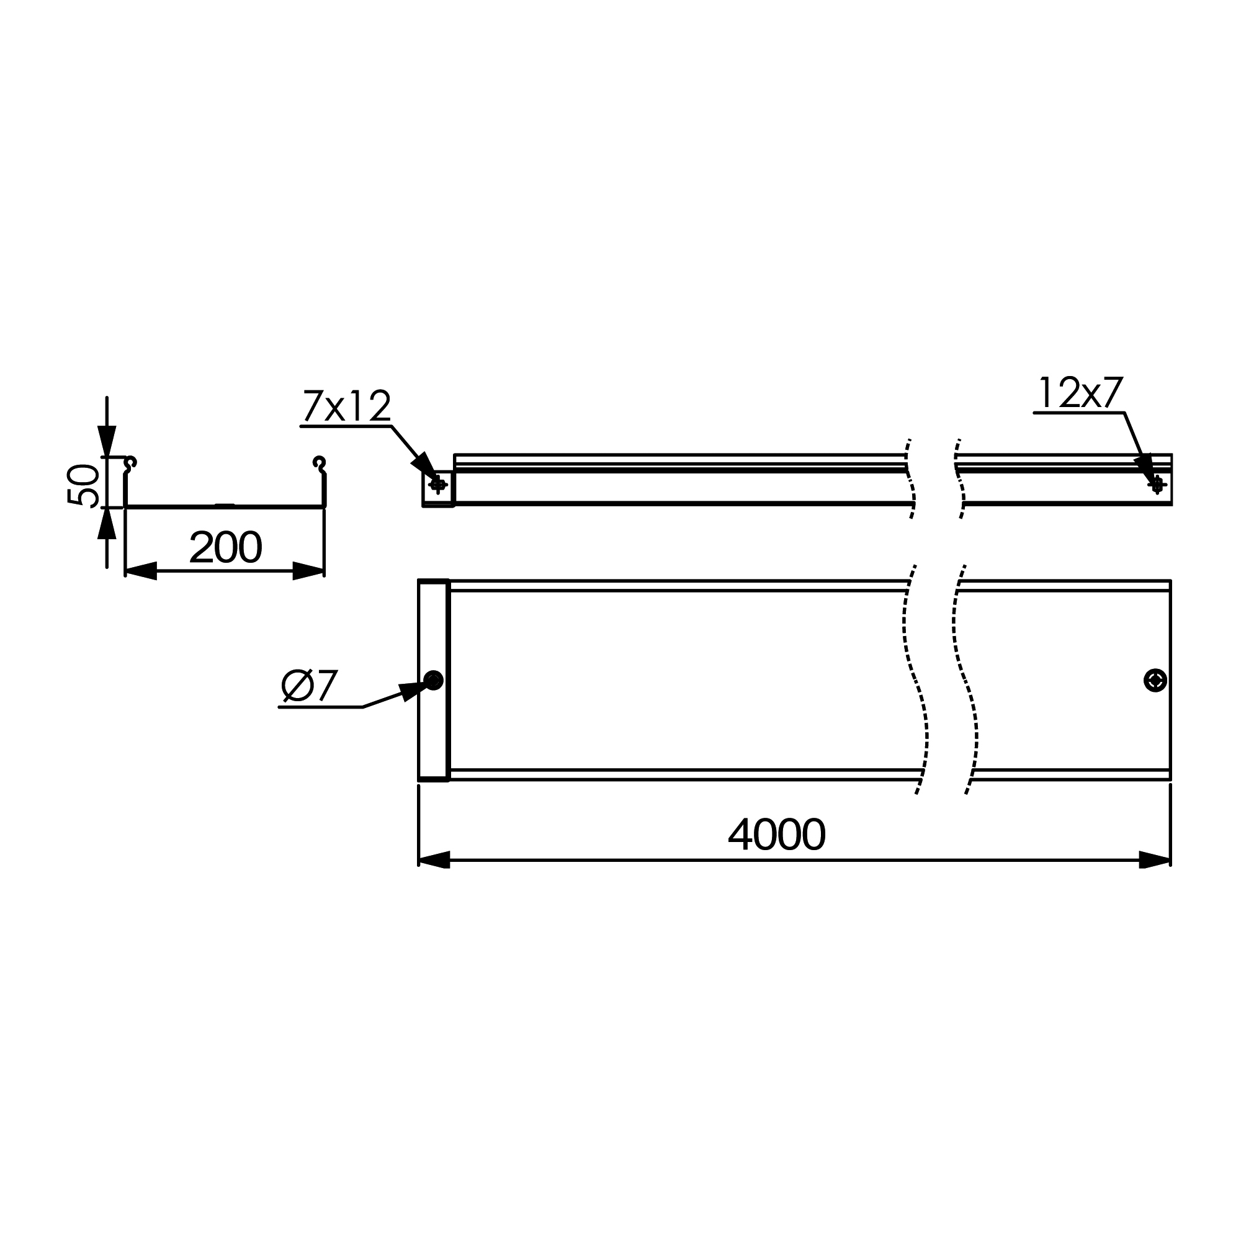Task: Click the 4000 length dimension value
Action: (x=777, y=835)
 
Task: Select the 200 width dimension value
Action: (x=225, y=547)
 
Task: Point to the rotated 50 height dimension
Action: (x=84, y=485)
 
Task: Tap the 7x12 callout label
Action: (x=346, y=406)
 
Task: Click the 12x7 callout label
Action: (x=1080, y=393)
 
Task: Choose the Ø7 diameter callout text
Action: (x=310, y=686)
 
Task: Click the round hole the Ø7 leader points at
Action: (x=434, y=680)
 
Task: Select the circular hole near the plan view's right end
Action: (x=1155, y=680)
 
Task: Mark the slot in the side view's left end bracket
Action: (x=438, y=485)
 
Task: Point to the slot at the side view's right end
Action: (x=1157, y=485)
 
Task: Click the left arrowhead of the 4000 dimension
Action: (x=434, y=859)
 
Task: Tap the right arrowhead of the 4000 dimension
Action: (x=1154, y=859)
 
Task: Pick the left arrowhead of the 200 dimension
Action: (x=141, y=570)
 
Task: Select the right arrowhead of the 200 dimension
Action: (x=308, y=570)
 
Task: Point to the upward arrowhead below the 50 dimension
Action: (x=107, y=523)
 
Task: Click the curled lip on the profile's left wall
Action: (x=130, y=462)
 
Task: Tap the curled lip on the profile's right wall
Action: (x=319, y=462)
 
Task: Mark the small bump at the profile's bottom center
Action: (x=224, y=505)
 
